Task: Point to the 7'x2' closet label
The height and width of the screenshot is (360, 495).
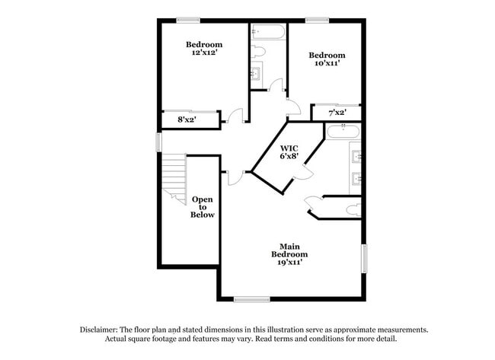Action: coord(337,113)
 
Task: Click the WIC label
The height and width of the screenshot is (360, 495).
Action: coord(289,147)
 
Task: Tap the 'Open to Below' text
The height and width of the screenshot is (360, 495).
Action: coord(203,207)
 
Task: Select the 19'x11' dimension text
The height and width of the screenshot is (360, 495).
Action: coord(290,262)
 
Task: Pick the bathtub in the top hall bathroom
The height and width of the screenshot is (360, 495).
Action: coord(267,32)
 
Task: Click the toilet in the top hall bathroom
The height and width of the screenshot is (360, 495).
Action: coord(257,52)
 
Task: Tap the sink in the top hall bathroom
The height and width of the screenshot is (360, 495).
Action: coord(256,74)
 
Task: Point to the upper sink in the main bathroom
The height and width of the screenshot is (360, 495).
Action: coord(355,158)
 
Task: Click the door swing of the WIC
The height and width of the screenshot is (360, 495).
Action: coord(304,174)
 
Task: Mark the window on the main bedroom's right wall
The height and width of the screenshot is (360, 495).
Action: coord(364,257)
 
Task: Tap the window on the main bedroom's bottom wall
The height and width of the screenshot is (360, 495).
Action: coord(251,298)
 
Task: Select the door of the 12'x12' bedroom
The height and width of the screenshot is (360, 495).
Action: coord(235,116)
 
